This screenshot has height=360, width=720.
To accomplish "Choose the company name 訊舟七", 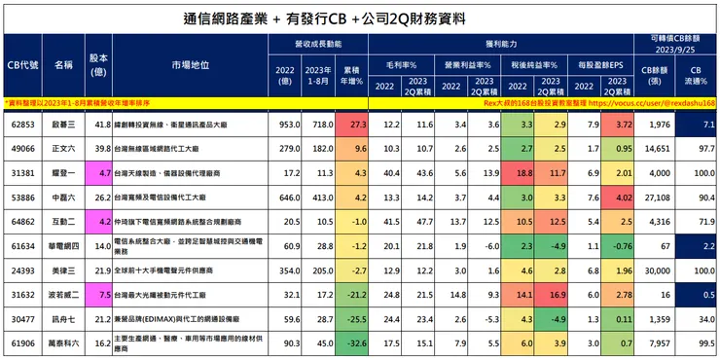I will point(63,318).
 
